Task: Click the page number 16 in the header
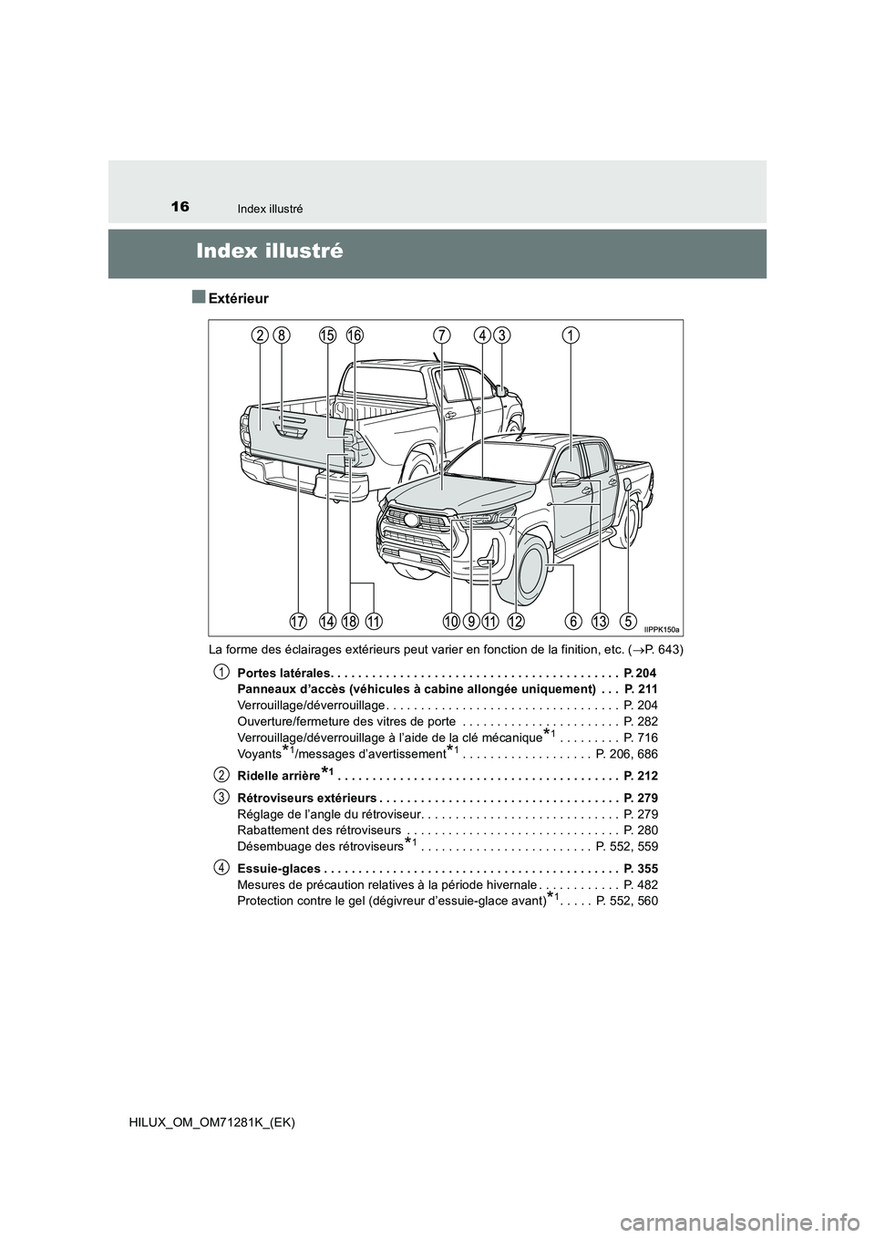click(180, 207)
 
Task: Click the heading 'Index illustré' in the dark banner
click(270, 252)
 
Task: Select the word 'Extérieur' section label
click(239, 298)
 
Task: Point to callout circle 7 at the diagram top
click(442, 335)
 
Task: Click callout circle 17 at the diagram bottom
click(298, 621)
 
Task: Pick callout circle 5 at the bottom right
click(627, 621)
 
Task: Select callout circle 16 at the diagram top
click(355, 335)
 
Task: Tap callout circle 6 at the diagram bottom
click(573, 621)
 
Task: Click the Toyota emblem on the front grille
click(410, 519)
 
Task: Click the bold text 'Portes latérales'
click(283, 673)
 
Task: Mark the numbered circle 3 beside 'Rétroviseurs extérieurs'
click(221, 797)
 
